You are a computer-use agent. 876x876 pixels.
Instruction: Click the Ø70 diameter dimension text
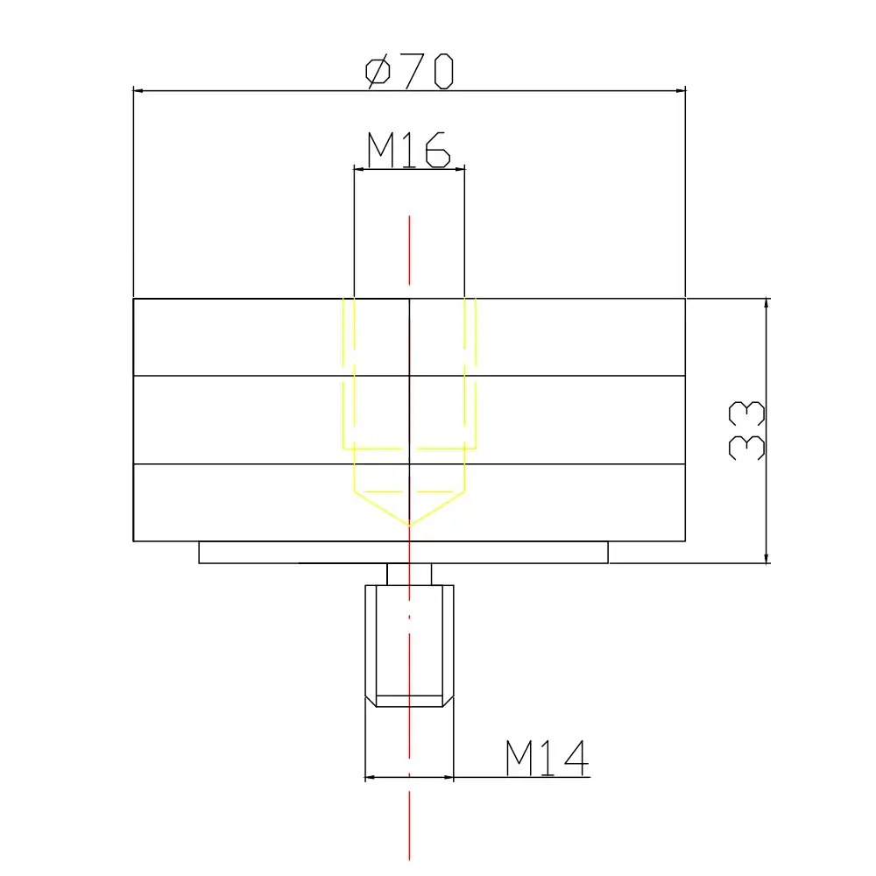pos(409,70)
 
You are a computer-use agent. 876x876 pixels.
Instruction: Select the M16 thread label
pos(408,150)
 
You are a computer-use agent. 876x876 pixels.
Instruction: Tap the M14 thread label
pos(546,759)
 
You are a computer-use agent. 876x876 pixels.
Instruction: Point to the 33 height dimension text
pos(747,431)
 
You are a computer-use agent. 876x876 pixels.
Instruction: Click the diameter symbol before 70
pos(378,71)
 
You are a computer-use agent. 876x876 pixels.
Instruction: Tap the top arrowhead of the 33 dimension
pos(766,304)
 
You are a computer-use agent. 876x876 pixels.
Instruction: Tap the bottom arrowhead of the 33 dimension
pos(766,558)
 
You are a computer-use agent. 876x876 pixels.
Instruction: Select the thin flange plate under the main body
pos(403,553)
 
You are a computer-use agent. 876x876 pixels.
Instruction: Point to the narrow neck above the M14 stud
pos(409,575)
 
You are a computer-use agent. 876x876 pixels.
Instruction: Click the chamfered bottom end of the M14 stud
pos(409,701)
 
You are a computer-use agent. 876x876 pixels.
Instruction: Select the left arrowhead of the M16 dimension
pos(359,168)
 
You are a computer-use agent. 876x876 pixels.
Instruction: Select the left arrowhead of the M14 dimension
pos(370,777)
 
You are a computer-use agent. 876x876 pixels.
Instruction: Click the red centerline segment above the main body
pos(409,254)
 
